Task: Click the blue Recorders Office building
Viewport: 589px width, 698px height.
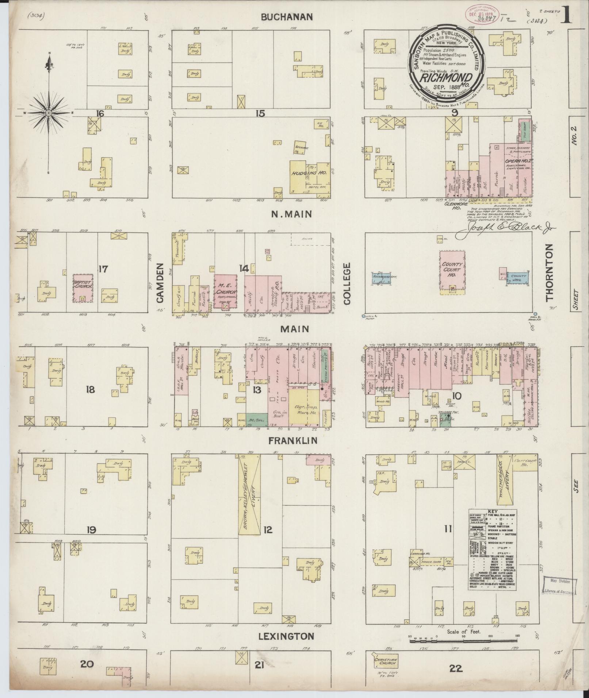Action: [382, 278]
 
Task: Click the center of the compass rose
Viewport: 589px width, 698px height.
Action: [48, 113]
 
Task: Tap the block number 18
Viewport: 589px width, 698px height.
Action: [90, 390]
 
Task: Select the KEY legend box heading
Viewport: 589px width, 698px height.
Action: [492, 512]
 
